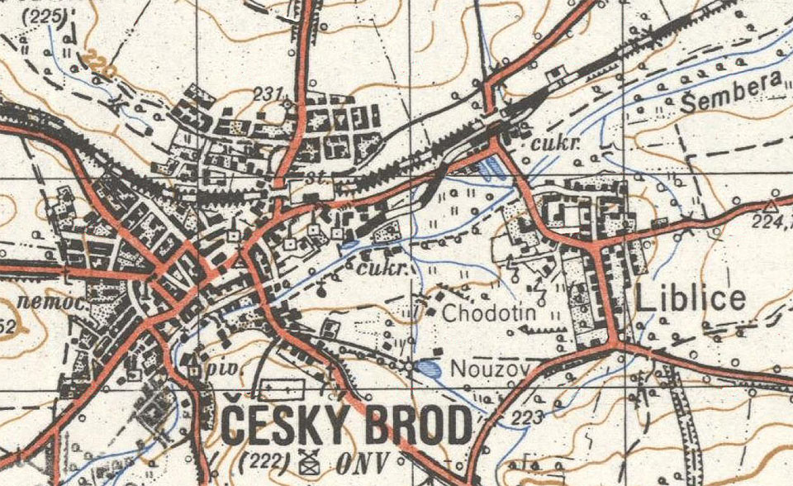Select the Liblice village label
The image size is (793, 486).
click(691, 299)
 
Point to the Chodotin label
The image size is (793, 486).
click(490, 314)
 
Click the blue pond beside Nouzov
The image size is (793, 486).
click(427, 368)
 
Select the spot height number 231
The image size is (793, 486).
click(268, 93)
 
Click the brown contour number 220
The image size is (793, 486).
click(98, 66)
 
